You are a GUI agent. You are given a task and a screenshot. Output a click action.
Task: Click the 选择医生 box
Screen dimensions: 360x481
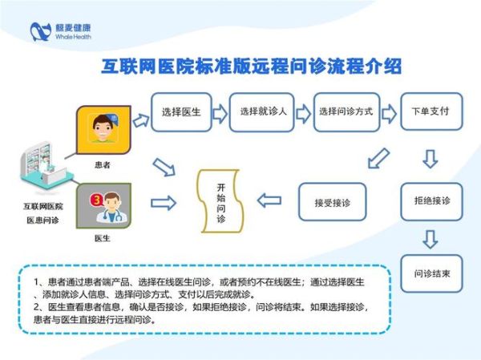[180, 111]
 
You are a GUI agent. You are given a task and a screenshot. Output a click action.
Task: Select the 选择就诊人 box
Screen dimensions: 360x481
[258, 111]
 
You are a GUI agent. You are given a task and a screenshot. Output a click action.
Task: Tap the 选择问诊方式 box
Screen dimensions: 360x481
[344, 111]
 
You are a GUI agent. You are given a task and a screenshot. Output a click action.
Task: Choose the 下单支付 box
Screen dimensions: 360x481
[430, 111]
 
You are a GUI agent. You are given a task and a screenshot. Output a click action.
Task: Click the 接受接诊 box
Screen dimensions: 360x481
[327, 200]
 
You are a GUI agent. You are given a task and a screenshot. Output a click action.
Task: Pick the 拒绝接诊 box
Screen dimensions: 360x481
[430, 200]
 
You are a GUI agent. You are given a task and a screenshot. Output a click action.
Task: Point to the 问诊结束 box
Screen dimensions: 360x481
[430, 273]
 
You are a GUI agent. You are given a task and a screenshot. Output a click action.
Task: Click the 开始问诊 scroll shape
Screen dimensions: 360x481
[221, 201]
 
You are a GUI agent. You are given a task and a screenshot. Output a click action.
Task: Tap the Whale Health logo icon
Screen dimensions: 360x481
[40, 31]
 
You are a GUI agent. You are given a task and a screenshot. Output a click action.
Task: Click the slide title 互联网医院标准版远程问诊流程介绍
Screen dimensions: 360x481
[250, 66]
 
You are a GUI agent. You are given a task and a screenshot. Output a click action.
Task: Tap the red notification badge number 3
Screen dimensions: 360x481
[96, 196]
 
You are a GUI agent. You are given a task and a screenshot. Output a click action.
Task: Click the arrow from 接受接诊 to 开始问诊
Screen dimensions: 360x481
[269, 200]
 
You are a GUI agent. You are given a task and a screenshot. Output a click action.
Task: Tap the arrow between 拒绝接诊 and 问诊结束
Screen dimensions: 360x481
[430, 238]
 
